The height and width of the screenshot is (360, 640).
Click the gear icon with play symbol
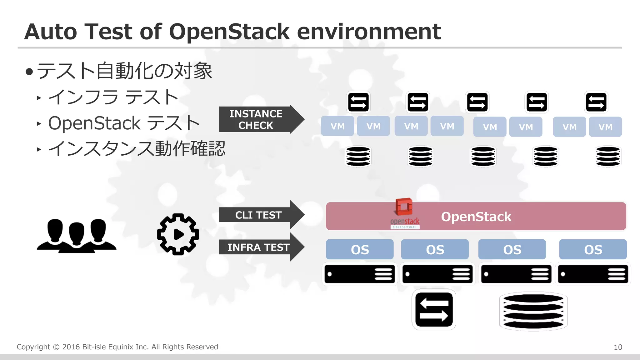178,234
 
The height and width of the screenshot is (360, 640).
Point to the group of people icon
77,236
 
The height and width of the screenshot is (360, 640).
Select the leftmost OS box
359,249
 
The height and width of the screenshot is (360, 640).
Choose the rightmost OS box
593,249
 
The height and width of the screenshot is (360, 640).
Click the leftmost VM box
337,126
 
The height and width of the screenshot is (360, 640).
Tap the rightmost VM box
605,127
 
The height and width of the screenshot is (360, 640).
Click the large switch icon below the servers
434,309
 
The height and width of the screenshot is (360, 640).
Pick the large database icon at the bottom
533,311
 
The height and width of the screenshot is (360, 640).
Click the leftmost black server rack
359,274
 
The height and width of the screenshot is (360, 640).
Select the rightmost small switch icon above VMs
596,102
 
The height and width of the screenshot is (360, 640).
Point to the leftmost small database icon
358,156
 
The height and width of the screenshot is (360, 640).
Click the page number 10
618,347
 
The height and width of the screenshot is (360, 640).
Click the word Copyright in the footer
33,347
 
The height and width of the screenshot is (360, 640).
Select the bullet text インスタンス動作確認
137,149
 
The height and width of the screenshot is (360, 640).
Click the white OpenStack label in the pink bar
476,217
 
